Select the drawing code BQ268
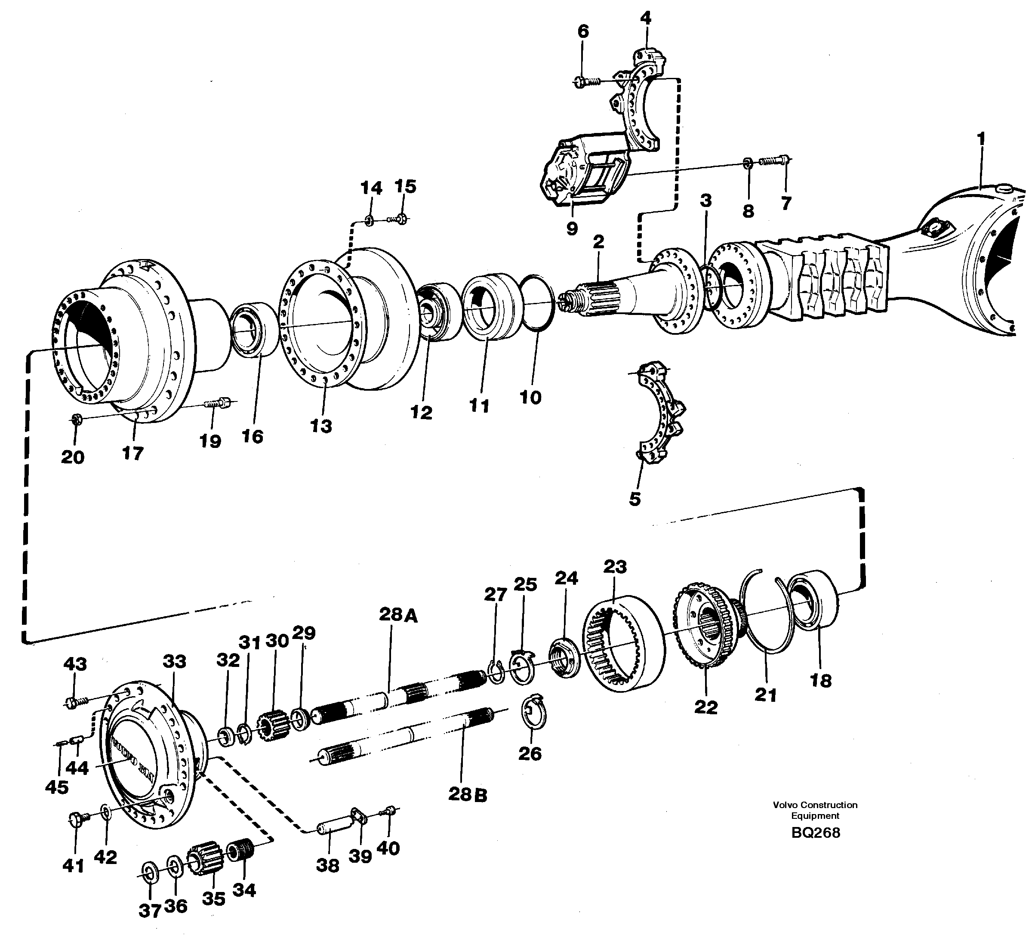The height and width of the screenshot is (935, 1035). (816, 833)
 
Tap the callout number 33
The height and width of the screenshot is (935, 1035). (174, 661)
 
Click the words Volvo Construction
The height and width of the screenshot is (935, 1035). (815, 805)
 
